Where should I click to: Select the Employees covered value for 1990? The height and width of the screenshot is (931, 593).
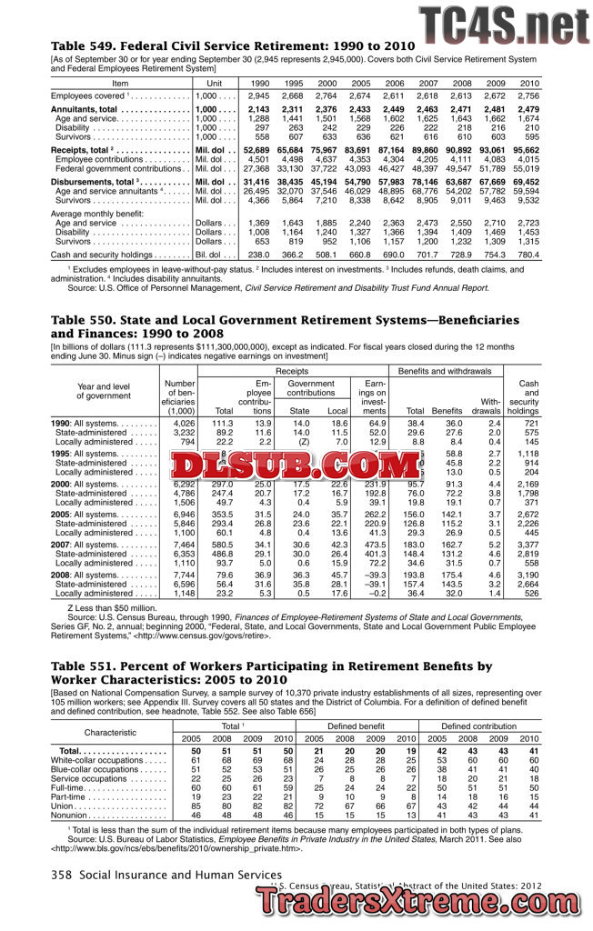pyautogui.click(x=258, y=95)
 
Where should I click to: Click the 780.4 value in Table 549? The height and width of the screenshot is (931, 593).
pyautogui.click(x=528, y=255)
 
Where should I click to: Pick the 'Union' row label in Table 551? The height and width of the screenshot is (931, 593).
pyautogui.click(x=63, y=806)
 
